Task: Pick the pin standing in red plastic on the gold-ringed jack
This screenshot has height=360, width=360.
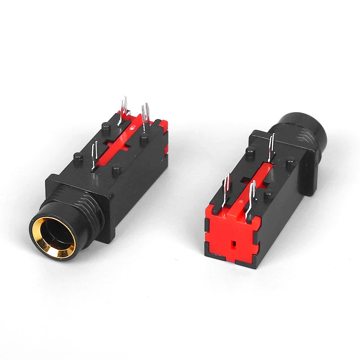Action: coord(122,108)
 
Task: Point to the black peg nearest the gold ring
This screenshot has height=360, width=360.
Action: coord(78,159)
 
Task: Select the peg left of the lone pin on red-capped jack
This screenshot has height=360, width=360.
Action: coord(250,153)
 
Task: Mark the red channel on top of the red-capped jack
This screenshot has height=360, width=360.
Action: coord(256,180)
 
